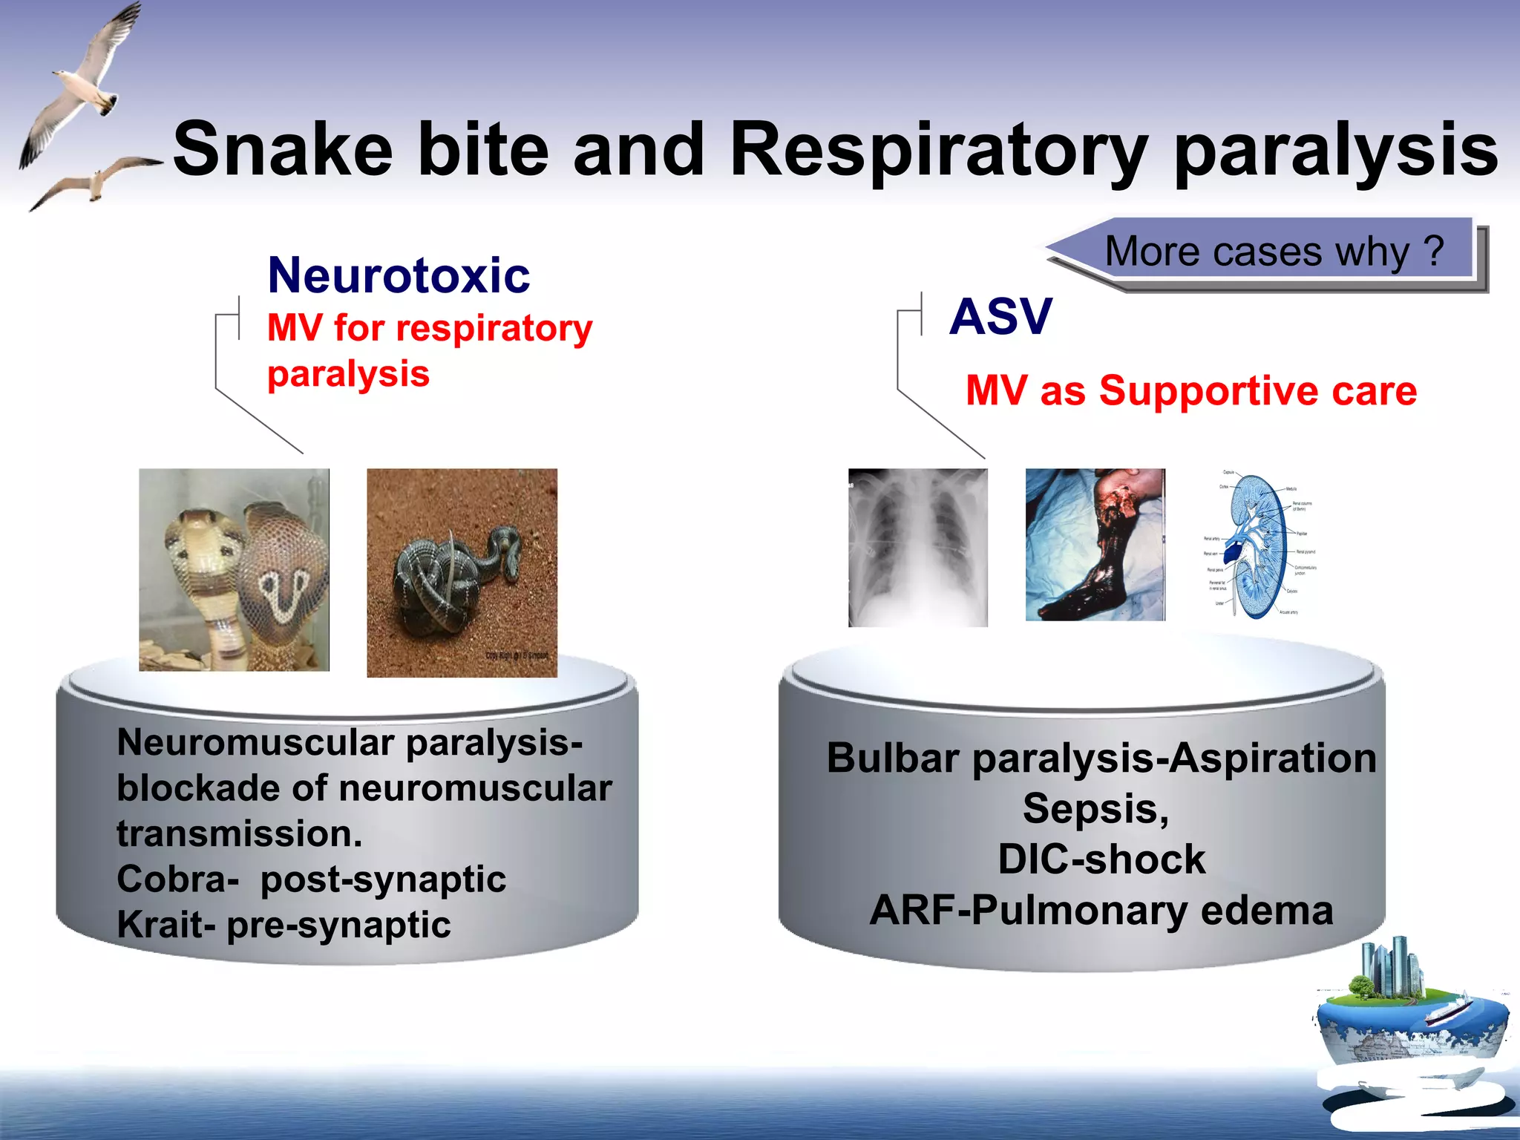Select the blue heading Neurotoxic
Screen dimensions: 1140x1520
(399, 275)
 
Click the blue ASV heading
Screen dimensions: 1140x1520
(1000, 317)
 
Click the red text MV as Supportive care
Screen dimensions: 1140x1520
(1190, 391)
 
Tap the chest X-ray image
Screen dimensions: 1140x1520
(917, 548)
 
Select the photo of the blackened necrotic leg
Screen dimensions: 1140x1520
(1095, 545)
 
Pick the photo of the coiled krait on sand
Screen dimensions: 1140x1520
(462, 572)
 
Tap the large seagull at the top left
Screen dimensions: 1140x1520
(82, 82)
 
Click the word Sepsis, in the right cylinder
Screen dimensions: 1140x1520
(1095, 809)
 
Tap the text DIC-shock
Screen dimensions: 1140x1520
(1101, 859)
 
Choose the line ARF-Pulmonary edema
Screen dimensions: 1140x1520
(1101, 911)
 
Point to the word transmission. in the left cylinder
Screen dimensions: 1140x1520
(239, 833)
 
